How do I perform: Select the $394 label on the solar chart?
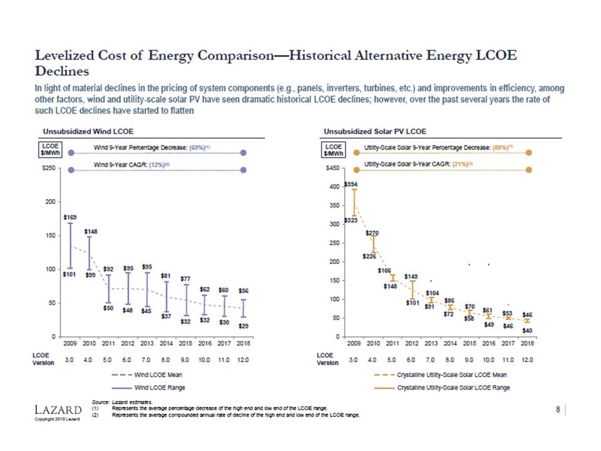pos(353,185)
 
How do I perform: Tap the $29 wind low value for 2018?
pos(244,327)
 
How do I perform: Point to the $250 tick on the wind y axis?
pos(49,168)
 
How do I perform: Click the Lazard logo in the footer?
pos(58,410)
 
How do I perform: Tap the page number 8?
pos(558,410)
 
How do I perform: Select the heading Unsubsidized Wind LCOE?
pos(88,132)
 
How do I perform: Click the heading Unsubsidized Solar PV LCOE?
pos(375,132)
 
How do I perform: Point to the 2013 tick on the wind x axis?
pos(147,343)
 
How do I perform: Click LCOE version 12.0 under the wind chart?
pos(244,360)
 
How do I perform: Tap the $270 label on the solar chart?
pos(371,232)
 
